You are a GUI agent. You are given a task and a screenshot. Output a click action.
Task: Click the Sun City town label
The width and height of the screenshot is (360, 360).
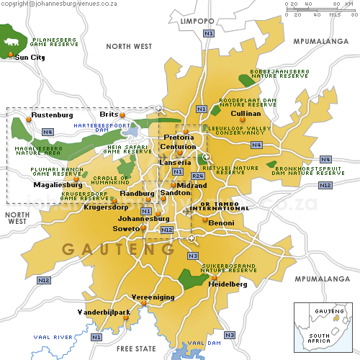(x=30, y=57)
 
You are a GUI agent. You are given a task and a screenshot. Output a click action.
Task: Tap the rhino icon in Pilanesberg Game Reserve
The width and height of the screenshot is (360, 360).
(x=12, y=42)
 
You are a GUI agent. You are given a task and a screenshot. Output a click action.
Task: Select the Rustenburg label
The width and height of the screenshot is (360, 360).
(x=53, y=114)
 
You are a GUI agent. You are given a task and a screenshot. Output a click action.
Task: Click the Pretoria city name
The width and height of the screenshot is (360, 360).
(x=179, y=137)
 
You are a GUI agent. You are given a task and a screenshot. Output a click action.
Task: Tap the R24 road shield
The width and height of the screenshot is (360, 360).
(x=198, y=175)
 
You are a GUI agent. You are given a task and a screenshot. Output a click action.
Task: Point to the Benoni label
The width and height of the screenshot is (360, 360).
(x=221, y=223)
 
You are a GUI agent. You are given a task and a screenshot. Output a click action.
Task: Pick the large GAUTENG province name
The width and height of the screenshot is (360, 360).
(x=118, y=249)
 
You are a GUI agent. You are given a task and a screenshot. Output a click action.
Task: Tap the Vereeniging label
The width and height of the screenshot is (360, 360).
(x=153, y=297)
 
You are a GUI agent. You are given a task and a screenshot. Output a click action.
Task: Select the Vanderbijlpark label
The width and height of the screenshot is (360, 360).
(x=104, y=312)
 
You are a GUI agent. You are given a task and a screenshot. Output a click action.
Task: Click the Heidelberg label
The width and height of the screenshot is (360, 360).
(x=228, y=284)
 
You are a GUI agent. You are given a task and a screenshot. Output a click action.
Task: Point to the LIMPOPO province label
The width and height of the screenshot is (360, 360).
(x=197, y=22)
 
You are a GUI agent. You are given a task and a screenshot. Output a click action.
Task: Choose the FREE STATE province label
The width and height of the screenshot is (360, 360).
(x=136, y=348)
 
